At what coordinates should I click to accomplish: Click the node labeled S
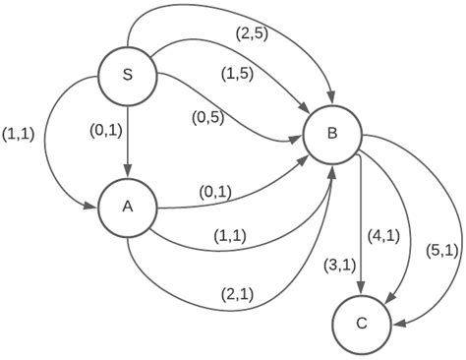pos(128,74)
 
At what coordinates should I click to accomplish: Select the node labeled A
pos(128,208)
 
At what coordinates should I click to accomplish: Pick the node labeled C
pos(361,323)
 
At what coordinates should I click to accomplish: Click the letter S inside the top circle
pos(128,74)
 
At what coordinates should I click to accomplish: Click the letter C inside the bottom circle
pos(361,323)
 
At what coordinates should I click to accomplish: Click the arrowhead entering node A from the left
pos(92,208)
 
